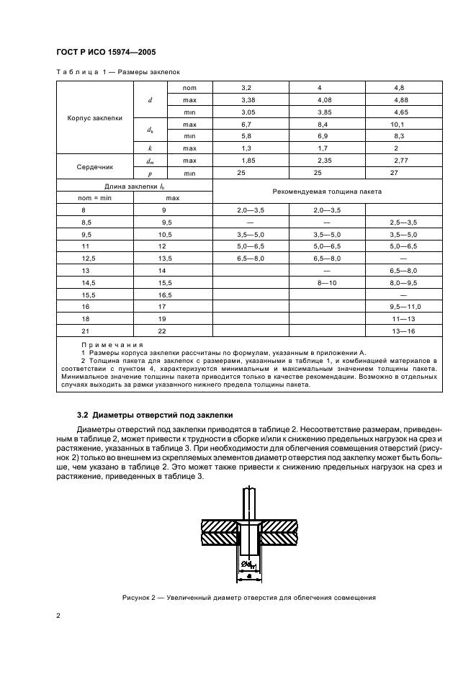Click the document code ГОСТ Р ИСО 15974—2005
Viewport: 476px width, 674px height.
107,53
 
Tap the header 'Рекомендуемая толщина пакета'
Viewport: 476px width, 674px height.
327,192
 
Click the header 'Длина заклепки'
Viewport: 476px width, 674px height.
134,187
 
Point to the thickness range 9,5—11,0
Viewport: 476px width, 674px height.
405,306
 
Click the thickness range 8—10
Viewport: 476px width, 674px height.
327,282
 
